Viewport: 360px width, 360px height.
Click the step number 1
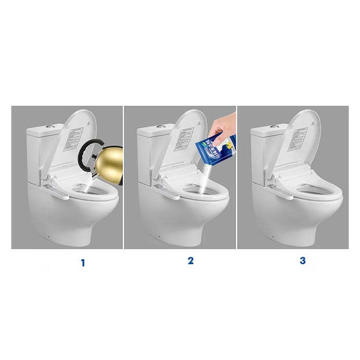click(x=82, y=262)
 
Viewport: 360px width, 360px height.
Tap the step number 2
click(x=190, y=261)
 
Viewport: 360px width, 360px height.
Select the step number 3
click(x=302, y=261)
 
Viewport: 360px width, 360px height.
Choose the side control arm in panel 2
click(x=168, y=188)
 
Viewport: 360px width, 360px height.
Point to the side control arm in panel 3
click(x=281, y=188)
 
